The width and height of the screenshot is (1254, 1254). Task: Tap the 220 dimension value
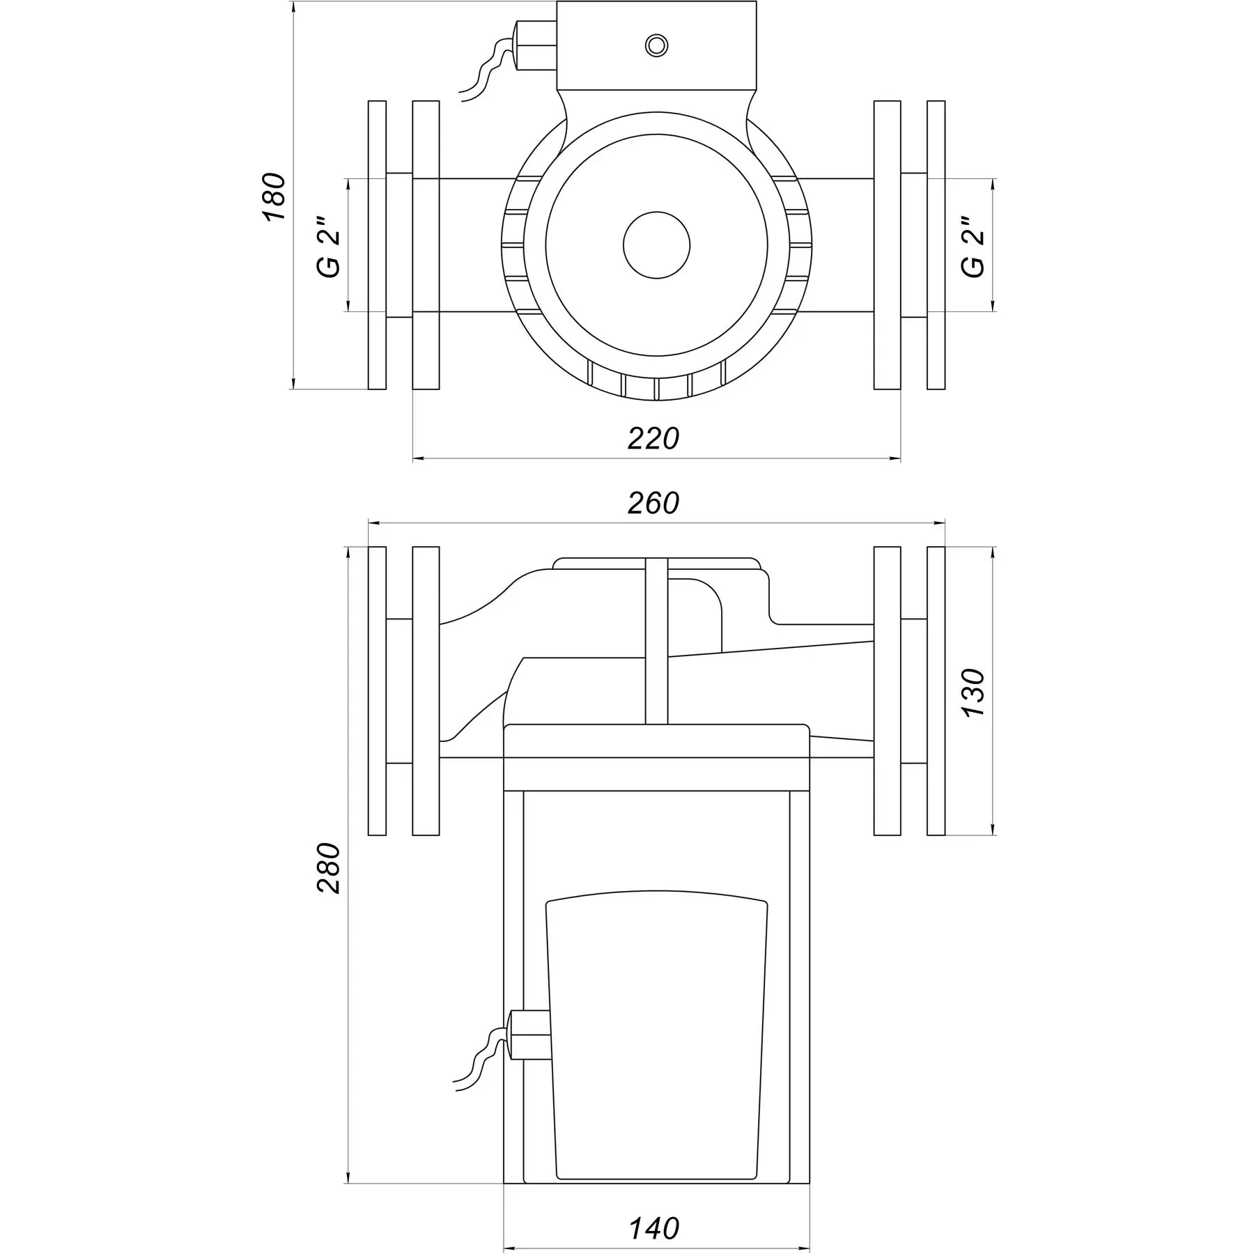pyautogui.click(x=653, y=439)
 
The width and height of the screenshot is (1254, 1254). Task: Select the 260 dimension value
pyautogui.click(x=653, y=503)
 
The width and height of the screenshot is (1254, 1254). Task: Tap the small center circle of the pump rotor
pyautogui.click(x=656, y=245)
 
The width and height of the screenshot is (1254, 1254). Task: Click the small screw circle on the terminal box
pyautogui.click(x=656, y=46)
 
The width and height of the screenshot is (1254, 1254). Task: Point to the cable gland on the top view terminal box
pyautogui.click(x=535, y=45)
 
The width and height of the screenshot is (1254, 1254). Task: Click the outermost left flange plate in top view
pyautogui.click(x=377, y=245)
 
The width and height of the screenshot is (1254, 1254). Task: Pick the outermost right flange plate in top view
pyautogui.click(x=936, y=245)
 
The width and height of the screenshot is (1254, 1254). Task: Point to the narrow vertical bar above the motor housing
pyautogui.click(x=656, y=641)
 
